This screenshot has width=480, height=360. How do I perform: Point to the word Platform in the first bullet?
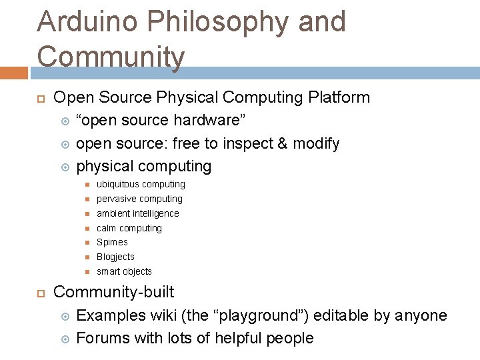coord(339,97)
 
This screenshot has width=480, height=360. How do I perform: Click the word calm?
coord(107,228)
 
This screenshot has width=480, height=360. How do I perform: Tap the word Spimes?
coord(112,242)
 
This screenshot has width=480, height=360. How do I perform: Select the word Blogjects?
coord(115,257)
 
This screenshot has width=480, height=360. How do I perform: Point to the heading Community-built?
coord(113,292)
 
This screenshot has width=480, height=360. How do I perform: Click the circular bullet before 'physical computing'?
coord(65,166)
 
